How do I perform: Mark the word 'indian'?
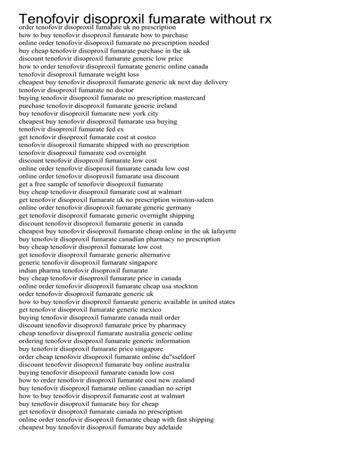tap(29, 271)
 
